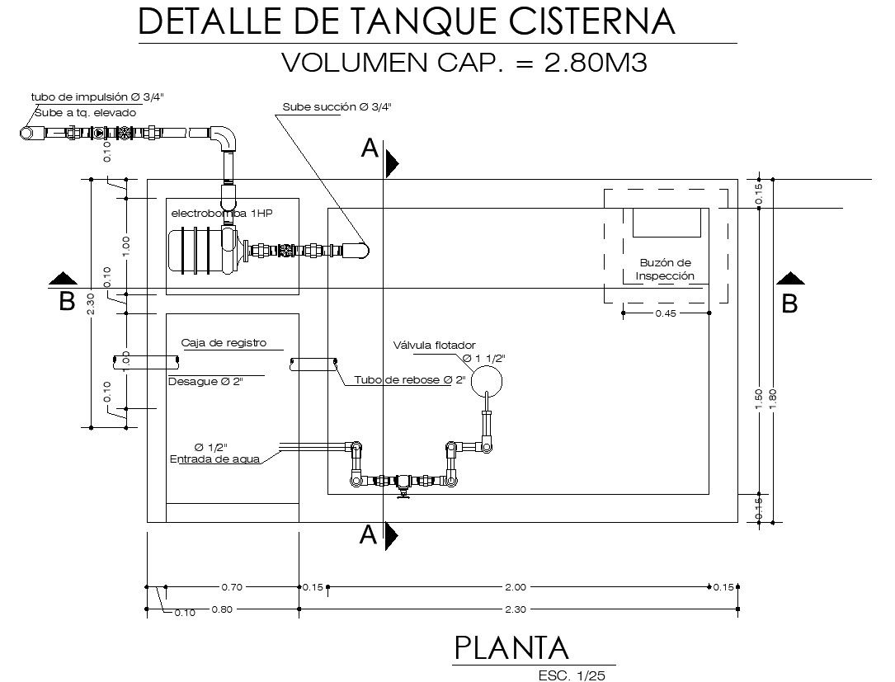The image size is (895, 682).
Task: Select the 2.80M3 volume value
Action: [x=596, y=63]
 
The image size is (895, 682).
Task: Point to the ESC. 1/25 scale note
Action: [x=571, y=675]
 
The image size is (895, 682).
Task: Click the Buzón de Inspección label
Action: [x=665, y=270]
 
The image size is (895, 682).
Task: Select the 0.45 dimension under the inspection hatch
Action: [x=666, y=313]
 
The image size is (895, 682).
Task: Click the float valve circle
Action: [x=486, y=378]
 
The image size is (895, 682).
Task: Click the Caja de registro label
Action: [x=224, y=343]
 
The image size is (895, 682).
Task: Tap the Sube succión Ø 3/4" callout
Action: [x=337, y=106]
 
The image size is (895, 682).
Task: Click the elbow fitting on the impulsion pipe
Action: [x=224, y=138]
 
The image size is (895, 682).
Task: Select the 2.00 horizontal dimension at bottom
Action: [x=515, y=587]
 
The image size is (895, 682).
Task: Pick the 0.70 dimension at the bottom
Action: [x=232, y=587]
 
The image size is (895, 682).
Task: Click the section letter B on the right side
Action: [x=789, y=303]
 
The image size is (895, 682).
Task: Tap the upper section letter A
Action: [x=370, y=149]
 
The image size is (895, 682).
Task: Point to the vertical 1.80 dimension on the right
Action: [x=773, y=397]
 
